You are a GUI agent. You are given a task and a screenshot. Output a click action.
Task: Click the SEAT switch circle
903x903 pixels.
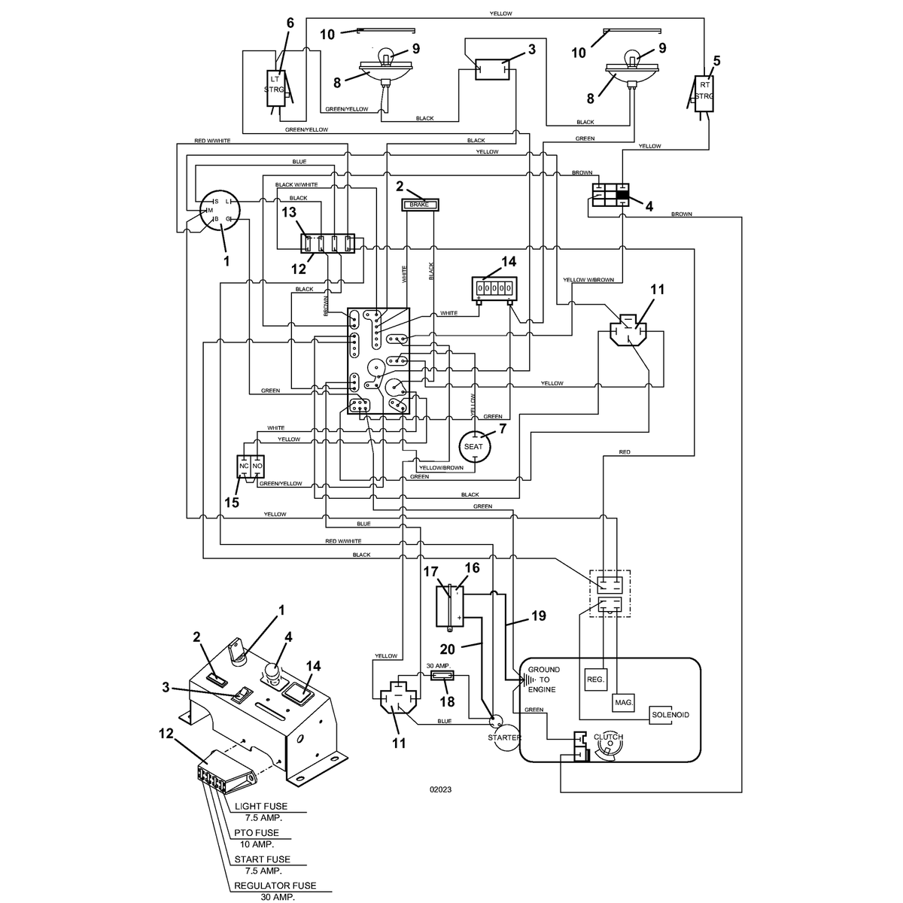pos(474,445)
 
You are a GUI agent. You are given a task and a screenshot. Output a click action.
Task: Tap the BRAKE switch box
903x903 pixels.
pos(419,205)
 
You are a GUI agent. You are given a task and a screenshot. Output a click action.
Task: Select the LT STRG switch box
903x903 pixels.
pos(275,88)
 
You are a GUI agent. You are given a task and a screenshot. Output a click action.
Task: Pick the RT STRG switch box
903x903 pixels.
pos(704,94)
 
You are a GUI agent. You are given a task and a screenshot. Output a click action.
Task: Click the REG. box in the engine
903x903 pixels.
pos(595,679)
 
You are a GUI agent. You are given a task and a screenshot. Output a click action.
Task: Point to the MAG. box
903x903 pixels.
pos(623,702)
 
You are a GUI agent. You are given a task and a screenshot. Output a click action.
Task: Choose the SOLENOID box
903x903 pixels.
pos(670,715)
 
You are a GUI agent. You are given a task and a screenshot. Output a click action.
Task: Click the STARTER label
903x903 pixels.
pos(504,737)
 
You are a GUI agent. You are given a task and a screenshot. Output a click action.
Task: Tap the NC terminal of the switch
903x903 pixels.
pos(244,467)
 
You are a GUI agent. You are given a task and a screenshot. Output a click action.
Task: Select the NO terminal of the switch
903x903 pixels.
pos(257,467)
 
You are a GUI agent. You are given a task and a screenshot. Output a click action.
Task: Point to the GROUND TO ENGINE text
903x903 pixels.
pos(543,680)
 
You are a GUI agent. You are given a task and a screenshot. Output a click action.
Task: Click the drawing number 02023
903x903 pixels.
pos(440,789)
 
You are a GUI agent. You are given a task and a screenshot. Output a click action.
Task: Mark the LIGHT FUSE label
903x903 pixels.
pos(261,807)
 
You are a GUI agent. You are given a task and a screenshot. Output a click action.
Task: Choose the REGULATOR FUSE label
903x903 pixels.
pos(275,886)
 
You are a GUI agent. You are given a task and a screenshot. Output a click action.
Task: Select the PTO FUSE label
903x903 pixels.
pos(257,833)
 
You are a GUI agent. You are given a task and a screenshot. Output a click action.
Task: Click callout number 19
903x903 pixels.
pos(539,616)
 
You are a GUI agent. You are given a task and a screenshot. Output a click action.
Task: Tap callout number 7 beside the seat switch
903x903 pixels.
pos(503,428)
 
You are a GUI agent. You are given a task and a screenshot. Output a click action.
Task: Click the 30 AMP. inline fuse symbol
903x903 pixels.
pos(442,676)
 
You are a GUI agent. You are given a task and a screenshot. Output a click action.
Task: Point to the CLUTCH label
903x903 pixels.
pos(608,737)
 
